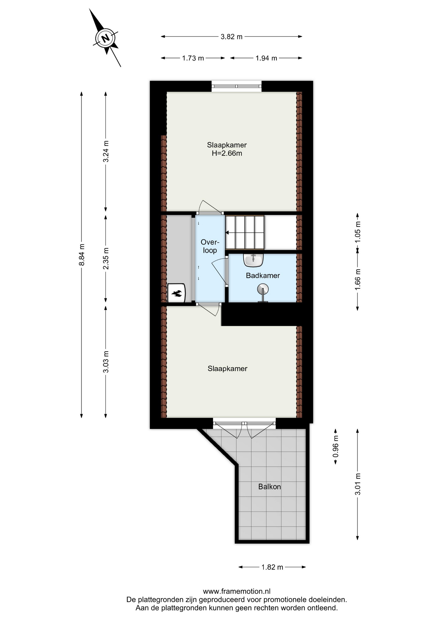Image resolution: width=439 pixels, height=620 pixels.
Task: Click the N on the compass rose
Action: coord(105,39)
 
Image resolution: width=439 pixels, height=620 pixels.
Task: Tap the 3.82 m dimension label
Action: coord(231,37)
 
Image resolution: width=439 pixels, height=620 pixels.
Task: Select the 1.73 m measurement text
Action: coord(193,58)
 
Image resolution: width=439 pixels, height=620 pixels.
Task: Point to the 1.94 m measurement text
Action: coord(266,58)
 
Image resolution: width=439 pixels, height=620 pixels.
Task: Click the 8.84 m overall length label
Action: coord(82,255)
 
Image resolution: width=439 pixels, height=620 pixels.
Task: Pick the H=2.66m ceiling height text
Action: coord(227,153)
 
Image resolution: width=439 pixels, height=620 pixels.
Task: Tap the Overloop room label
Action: coord(210,246)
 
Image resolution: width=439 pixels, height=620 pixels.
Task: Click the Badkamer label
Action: coord(263,275)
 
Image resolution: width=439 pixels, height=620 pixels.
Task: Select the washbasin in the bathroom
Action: coord(254,260)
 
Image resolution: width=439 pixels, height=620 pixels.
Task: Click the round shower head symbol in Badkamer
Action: coord(263,288)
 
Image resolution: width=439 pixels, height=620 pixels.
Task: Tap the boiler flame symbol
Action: coord(177,294)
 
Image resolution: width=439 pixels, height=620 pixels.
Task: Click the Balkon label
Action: coord(270,487)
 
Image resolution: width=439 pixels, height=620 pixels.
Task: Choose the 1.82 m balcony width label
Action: coord(272,567)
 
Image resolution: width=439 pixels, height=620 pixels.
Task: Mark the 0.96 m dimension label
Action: coord(336,446)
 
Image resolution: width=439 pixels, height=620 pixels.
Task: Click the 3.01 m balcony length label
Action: coord(358,484)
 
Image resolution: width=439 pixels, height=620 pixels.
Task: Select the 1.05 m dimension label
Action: coord(358,232)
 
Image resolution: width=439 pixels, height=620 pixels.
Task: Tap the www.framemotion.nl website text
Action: coord(237,591)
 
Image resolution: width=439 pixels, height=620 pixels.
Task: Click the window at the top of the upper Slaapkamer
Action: coord(237,86)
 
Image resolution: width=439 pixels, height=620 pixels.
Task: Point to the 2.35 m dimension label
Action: coord(106,258)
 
